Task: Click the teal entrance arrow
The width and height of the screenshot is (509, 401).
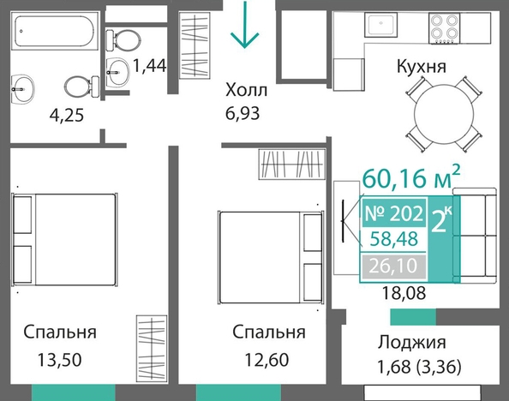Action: click(x=244, y=24)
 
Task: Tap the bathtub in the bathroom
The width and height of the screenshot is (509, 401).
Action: click(x=55, y=31)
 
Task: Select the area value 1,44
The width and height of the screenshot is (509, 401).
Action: click(x=150, y=66)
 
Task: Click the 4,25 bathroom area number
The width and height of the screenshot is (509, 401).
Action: click(x=67, y=116)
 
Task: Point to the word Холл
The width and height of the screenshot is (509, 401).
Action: click(x=247, y=90)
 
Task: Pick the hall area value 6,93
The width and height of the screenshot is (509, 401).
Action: click(x=243, y=114)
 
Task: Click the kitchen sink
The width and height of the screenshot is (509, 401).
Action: click(x=380, y=25)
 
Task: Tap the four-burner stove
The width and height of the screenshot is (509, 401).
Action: click(x=444, y=28)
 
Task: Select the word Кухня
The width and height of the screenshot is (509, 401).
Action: click(x=422, y=66)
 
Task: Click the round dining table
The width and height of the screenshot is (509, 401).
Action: click(x=443, y=115)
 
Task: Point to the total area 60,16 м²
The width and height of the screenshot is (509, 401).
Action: click(x=411, y=177)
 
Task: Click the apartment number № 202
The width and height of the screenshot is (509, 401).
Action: click(x=394, y=213)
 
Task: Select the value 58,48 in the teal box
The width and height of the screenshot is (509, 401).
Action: click(x=394, y=239)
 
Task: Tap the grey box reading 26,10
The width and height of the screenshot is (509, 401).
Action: click(x=393, y=266)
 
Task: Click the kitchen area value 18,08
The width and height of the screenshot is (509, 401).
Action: click(x=404, y=293)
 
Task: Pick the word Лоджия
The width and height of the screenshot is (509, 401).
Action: click(x=411, y=343)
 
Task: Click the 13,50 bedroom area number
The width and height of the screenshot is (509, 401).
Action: click(x=59, y=360)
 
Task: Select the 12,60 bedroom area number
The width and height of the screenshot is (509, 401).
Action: click(x=266, y=360)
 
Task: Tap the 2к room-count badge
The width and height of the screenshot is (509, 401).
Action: click(x=440, y=221)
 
